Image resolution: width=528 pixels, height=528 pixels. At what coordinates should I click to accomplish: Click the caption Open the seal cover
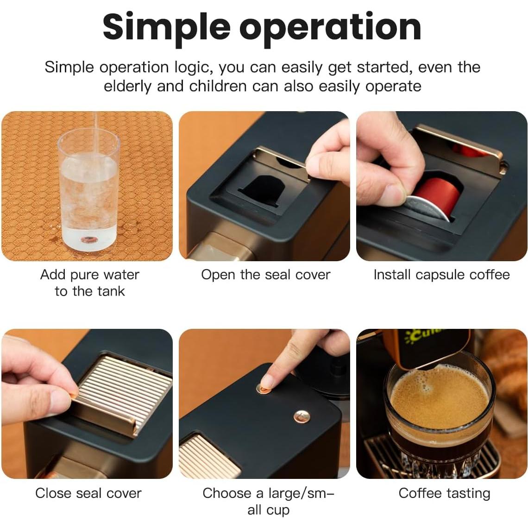[265, 275]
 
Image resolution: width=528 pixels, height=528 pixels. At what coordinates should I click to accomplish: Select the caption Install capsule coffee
[441, 275]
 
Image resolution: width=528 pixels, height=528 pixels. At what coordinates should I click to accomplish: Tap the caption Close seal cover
[88, 493]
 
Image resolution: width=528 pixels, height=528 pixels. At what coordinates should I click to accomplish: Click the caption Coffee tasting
[444, 493]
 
